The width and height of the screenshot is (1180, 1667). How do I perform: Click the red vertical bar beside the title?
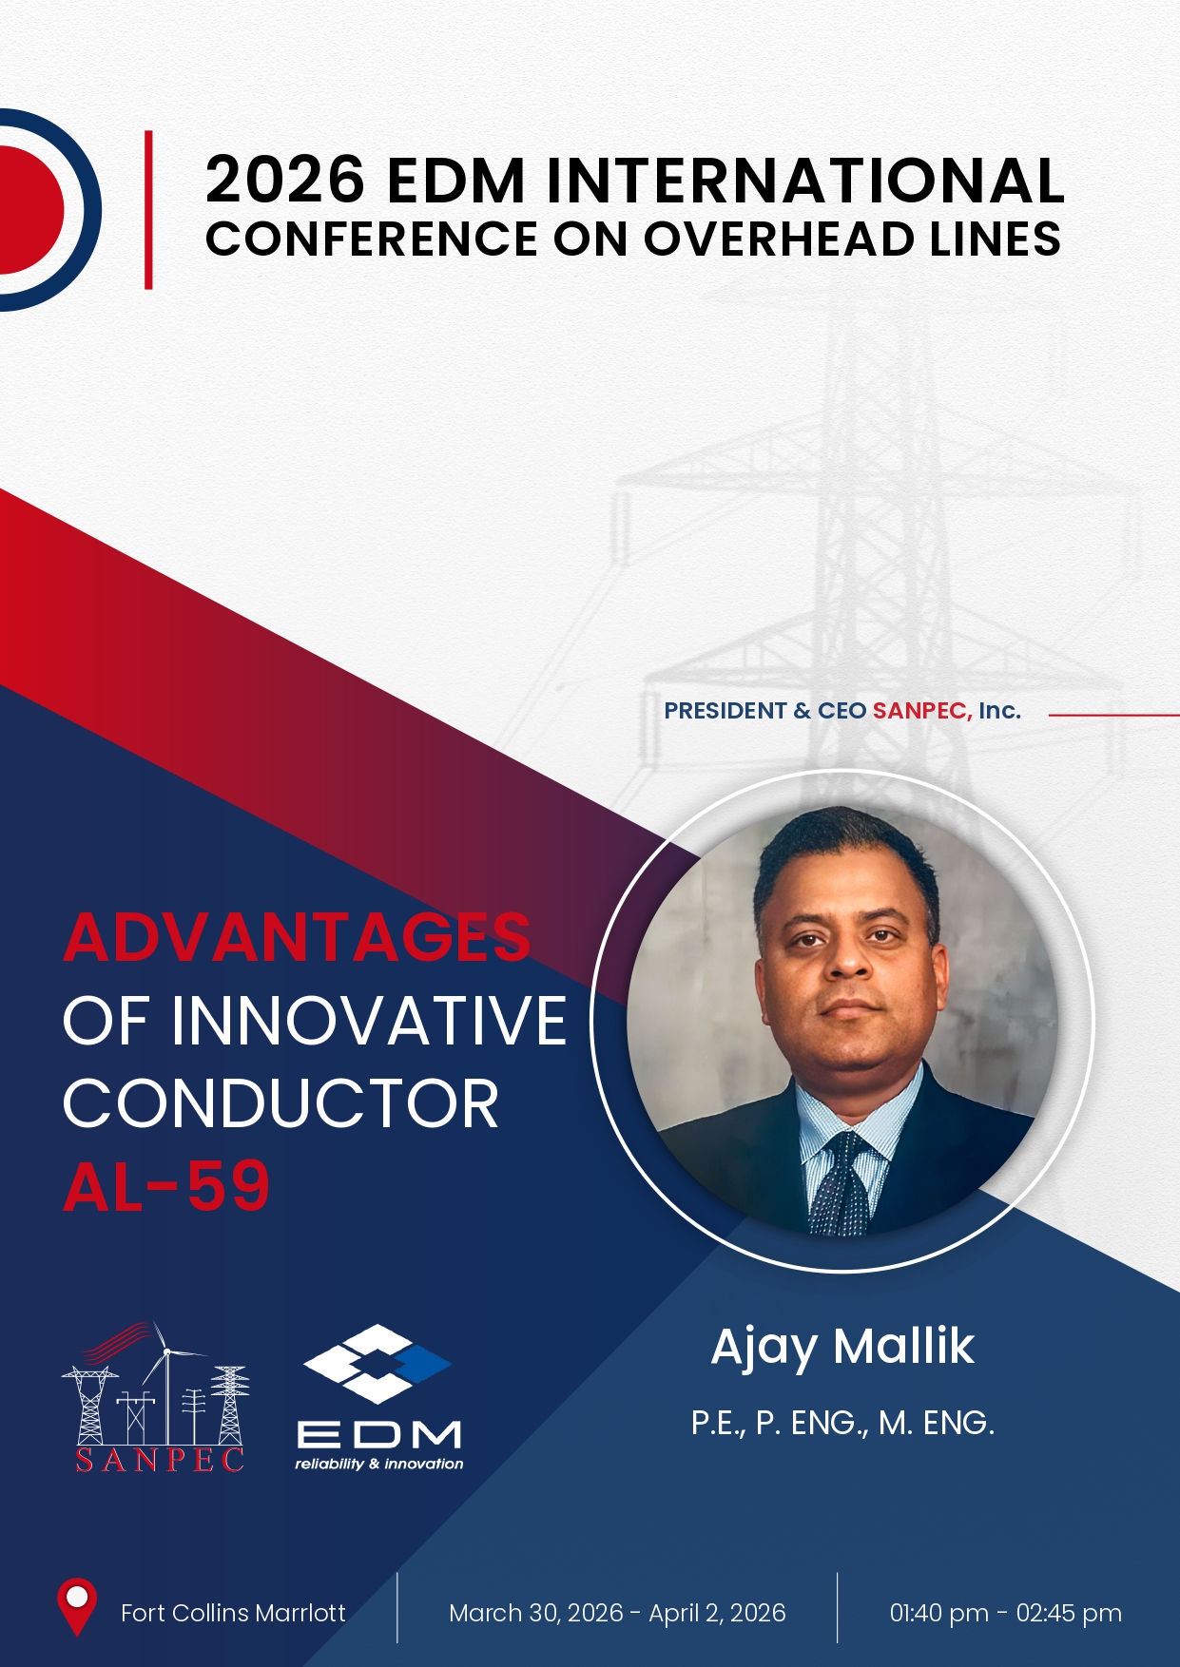148,209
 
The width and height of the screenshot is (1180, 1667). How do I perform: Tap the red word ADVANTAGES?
297,937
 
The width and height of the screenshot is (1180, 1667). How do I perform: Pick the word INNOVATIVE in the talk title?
369,1021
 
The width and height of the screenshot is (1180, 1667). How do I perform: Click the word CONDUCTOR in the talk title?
280,1103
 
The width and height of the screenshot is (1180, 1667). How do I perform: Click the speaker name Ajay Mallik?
842,1348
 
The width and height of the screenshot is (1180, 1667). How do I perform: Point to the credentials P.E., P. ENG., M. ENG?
842,1423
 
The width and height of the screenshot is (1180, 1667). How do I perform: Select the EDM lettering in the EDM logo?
379,1433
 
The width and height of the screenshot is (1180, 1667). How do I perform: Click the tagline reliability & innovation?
379,1464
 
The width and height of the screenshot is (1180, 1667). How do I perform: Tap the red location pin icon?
77,1607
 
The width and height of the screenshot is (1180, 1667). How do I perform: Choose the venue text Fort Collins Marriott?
233,1613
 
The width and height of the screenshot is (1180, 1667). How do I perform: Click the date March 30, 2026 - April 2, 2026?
617,1613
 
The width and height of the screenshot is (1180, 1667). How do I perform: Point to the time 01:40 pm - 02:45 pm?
1005,1613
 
